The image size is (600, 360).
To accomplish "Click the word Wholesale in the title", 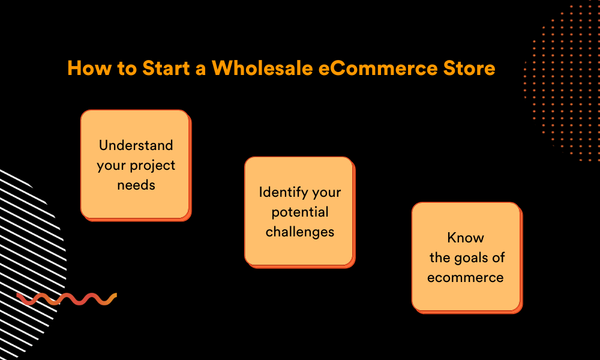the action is [263, 68].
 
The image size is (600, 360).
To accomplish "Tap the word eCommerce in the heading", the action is [377, 68].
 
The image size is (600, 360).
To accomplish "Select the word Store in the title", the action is [469, 68].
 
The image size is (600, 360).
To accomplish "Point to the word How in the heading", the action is [89, 68].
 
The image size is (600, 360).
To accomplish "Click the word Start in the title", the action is [166, 68].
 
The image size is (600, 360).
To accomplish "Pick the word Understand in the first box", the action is [136, 145].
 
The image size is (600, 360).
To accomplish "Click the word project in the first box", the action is [152, 166].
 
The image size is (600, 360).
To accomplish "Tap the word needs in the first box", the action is [136, 185].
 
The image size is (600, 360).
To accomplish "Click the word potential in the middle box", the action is [300, 212].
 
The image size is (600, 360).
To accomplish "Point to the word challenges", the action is [300, 232].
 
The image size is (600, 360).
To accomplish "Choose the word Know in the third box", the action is [466, 238].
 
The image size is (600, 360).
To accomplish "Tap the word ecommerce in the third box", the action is [466, 277].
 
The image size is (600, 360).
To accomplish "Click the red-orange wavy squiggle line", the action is [67, 299].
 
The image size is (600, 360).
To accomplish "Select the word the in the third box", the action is [440, 257].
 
